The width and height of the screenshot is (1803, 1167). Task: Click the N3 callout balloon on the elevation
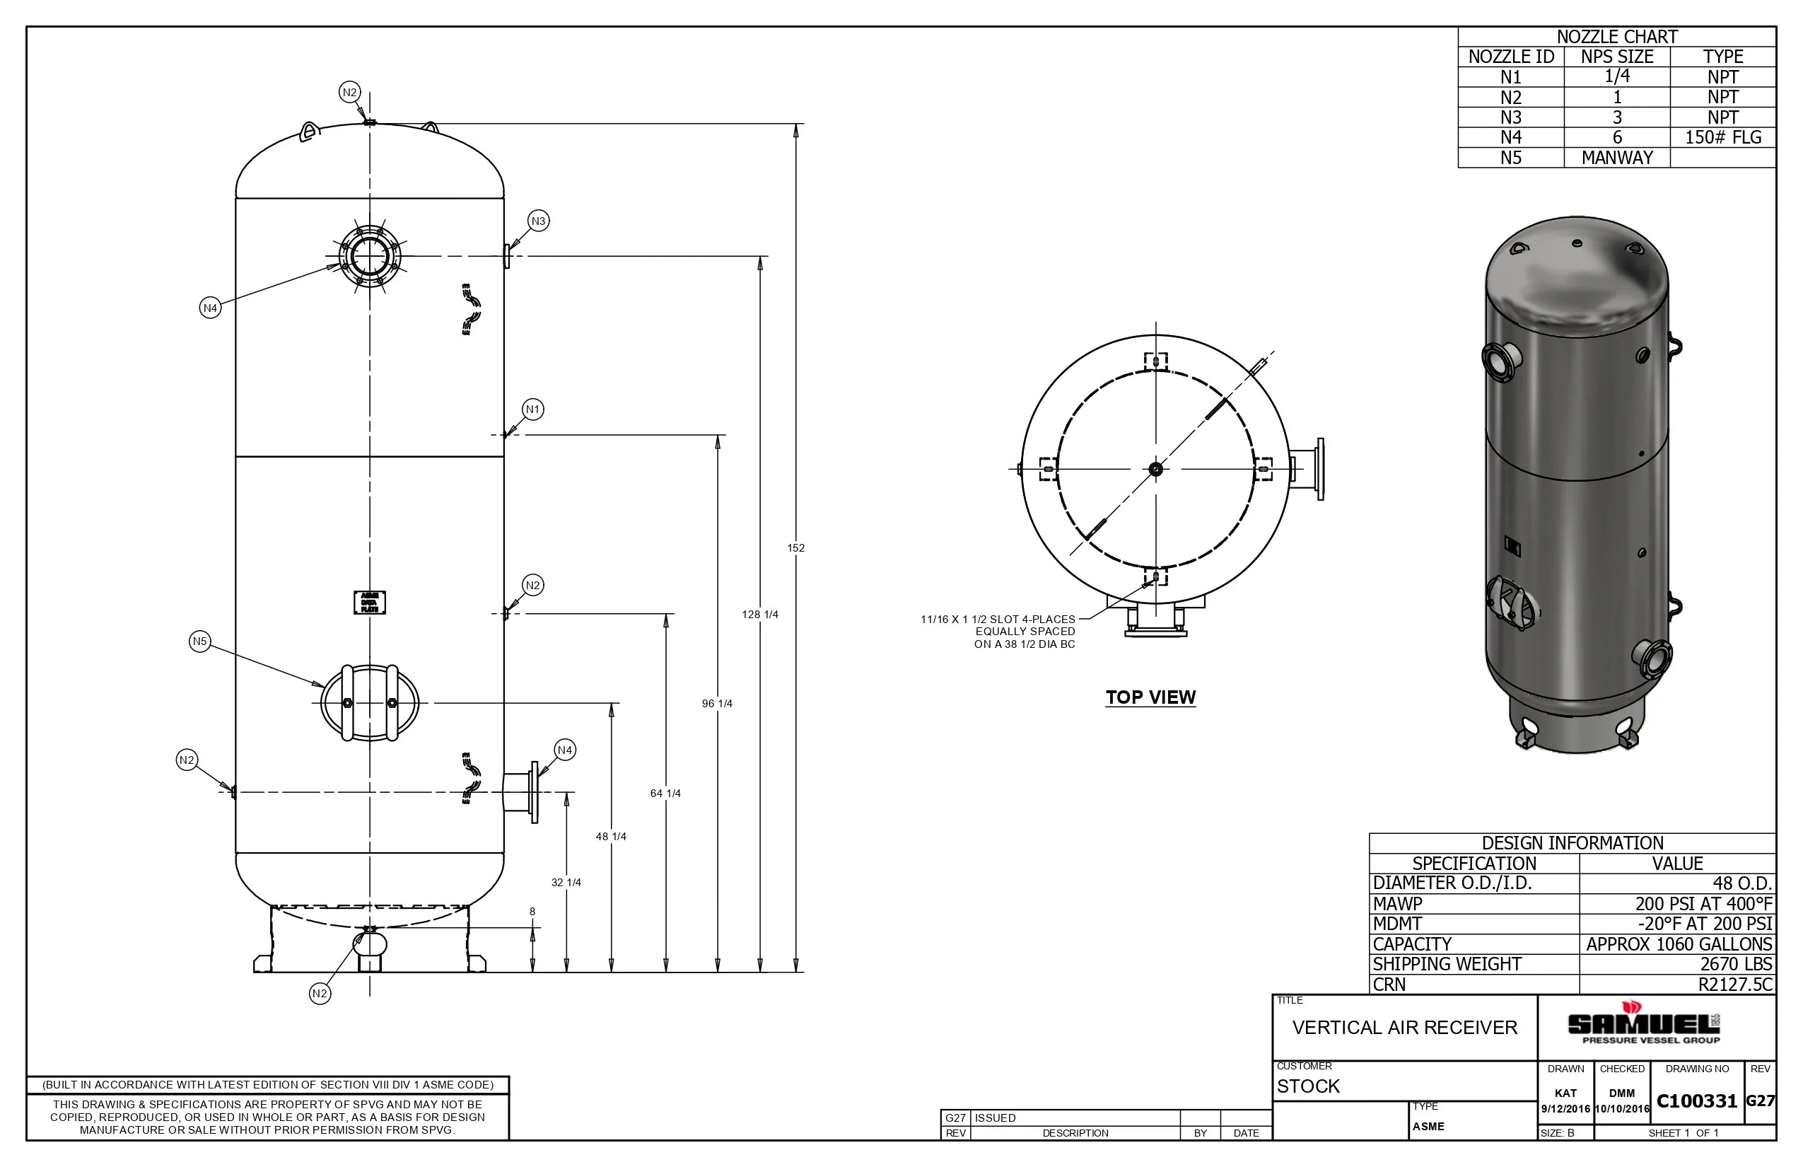(x=538, y=221)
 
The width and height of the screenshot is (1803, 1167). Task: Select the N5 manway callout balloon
(x=199, y=642)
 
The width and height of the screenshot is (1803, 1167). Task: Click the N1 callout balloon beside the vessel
(x=532, y=410)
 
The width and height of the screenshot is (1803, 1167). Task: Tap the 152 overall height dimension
(x=795, y=548)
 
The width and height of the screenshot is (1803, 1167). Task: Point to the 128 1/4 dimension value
(x=760, y=615)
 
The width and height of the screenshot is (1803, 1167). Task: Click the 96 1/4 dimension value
(x=717, y=704)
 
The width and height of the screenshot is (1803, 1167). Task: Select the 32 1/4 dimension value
(x=566, y=883)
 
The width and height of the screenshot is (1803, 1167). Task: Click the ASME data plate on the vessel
(x=370, y=603)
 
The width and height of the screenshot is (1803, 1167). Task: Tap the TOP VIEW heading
(x=1150, y=698)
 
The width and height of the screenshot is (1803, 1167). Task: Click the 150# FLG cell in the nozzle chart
(x=1722, y=138)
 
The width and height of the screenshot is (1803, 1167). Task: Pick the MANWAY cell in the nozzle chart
(x=1616, y=158)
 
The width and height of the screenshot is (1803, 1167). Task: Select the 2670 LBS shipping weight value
(x=1736, y=965)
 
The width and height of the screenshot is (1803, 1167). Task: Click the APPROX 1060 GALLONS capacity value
(x=1679, y=945)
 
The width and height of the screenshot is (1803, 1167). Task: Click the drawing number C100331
(x=1696, y=1102)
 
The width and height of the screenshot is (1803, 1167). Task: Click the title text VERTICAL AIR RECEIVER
(x=1404, y=1028)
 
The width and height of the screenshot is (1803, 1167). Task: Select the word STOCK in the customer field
(x=1308, y=1086)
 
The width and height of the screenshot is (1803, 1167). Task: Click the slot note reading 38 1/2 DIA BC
(x=1025, y=645)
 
